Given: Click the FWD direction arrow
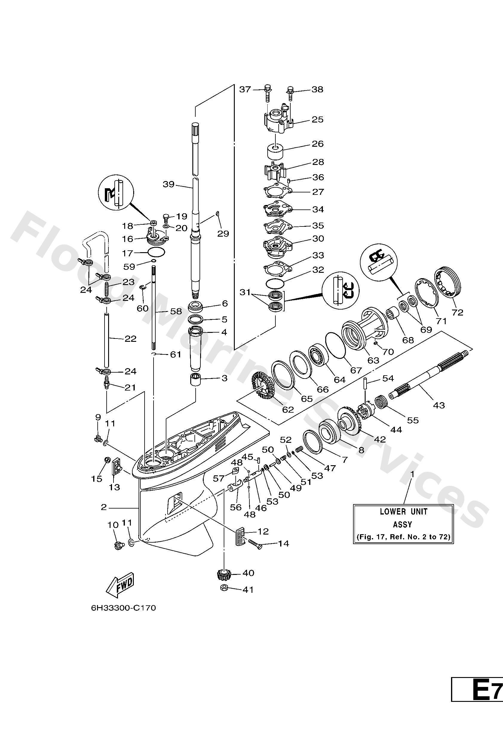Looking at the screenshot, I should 120,586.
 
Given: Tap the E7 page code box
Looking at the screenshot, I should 481,725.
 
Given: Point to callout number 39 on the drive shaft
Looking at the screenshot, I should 169,184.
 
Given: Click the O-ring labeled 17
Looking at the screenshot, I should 156,252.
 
